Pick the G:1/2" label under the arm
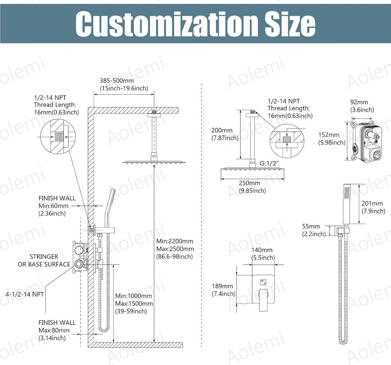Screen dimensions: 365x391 tap(269, 164)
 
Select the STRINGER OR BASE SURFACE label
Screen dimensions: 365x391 tap(44, 260)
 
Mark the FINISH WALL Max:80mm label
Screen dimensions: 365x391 tap(57, 330)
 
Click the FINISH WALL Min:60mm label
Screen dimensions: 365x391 tap(57, 206)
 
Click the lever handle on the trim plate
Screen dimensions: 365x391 tap(263, 300)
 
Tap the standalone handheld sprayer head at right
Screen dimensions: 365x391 tap(346, 204)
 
